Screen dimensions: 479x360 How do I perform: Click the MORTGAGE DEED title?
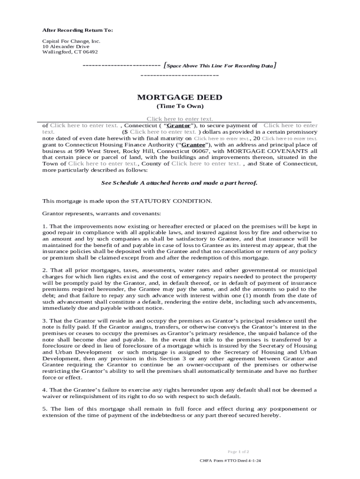click(x=180, y=97)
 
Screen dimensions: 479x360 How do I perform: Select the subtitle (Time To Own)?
click(x=180, y=107)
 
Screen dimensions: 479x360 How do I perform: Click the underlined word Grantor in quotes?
click(x=179, y=125)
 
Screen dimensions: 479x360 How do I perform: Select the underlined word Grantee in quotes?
click(x=193, y=145)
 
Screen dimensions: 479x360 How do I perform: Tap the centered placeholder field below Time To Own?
click(x=180, y=119)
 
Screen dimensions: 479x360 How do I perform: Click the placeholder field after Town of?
click(x=102, y=164)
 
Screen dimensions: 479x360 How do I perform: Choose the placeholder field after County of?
click(x=206, y=164)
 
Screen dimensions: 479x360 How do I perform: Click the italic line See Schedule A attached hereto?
click(x=180, y=183)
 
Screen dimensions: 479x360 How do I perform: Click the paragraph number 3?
click(x=44, y=320)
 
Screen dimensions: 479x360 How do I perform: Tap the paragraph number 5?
click(x=44, y=409)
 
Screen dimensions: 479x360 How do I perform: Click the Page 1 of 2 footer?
click(x=238, y=452)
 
